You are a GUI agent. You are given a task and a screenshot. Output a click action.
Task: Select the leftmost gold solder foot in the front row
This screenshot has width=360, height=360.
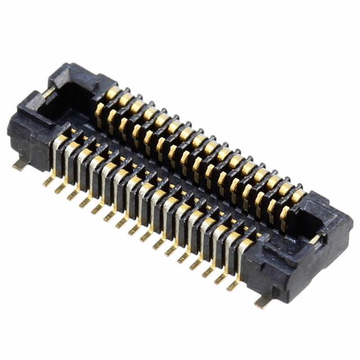tap(48, 181)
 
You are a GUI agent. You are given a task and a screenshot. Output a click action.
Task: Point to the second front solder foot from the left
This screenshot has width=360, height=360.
tap(60, 188)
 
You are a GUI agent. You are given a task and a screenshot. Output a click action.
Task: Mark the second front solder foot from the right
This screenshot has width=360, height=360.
tap(219, 278)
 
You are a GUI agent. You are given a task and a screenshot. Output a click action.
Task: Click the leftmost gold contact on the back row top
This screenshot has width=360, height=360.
tap(113, 92)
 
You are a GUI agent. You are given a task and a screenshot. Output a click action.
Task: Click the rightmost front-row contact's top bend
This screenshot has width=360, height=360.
tap(246, 244)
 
